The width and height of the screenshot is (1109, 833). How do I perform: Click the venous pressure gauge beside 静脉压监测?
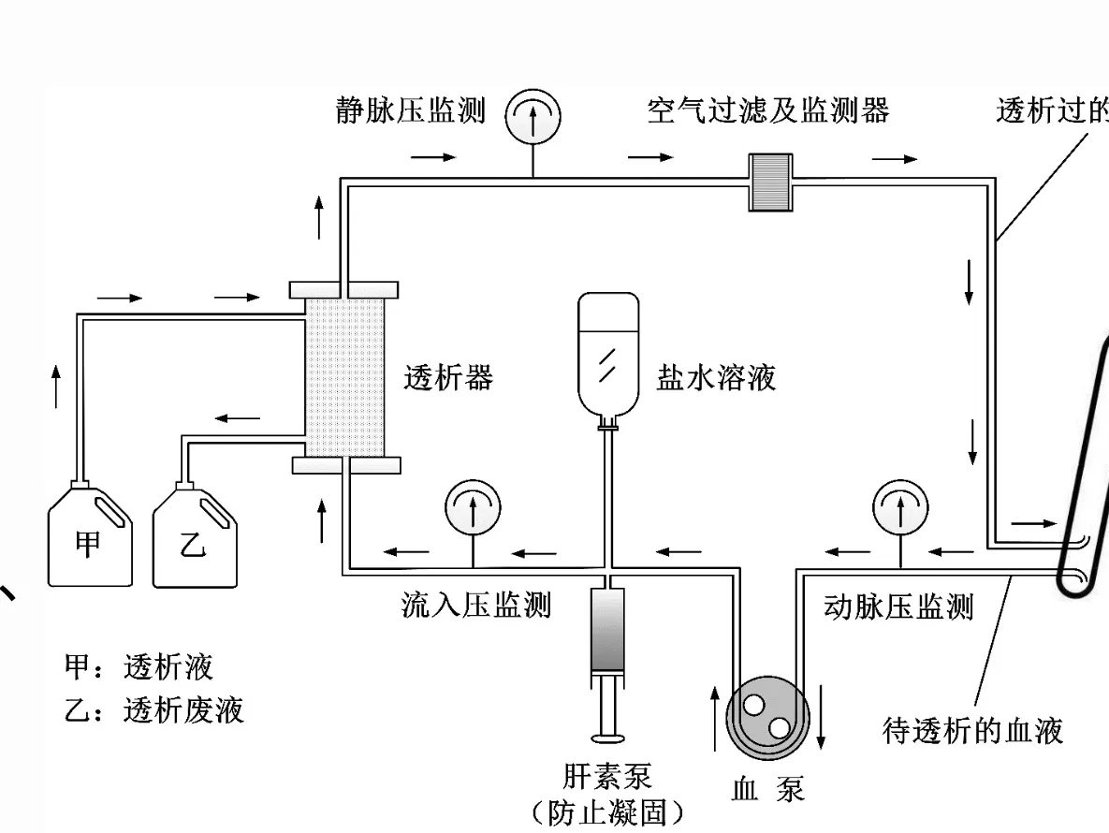pos(533,118)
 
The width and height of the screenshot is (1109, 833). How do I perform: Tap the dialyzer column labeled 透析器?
pos(346,375)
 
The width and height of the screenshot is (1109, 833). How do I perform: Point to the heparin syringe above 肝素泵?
pos(608,636)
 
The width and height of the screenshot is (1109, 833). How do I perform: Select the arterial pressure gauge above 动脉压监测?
pos(900,509)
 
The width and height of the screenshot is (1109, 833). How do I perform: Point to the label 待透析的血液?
pos(973,729)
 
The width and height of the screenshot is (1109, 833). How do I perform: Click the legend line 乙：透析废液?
pos(154,710)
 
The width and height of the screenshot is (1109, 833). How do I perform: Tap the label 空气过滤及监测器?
pos(767,111)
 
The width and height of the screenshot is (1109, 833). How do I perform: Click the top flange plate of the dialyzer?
pos(345,288)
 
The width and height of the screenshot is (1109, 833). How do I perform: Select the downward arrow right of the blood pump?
pos(821,716)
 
